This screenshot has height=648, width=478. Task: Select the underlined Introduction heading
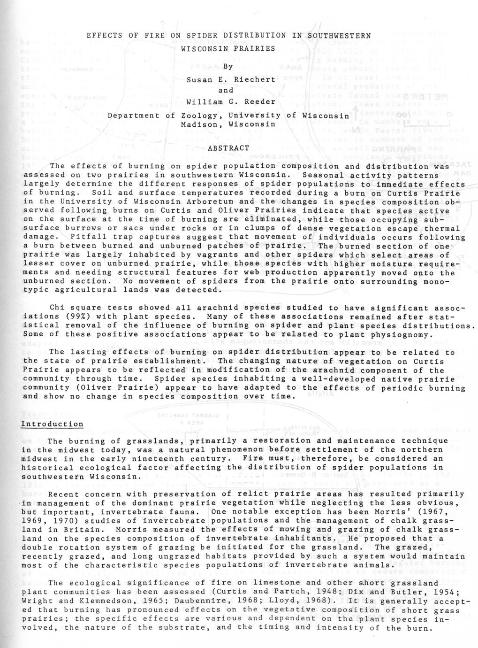pos(52,424)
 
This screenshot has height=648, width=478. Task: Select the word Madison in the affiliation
pos(200,124)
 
